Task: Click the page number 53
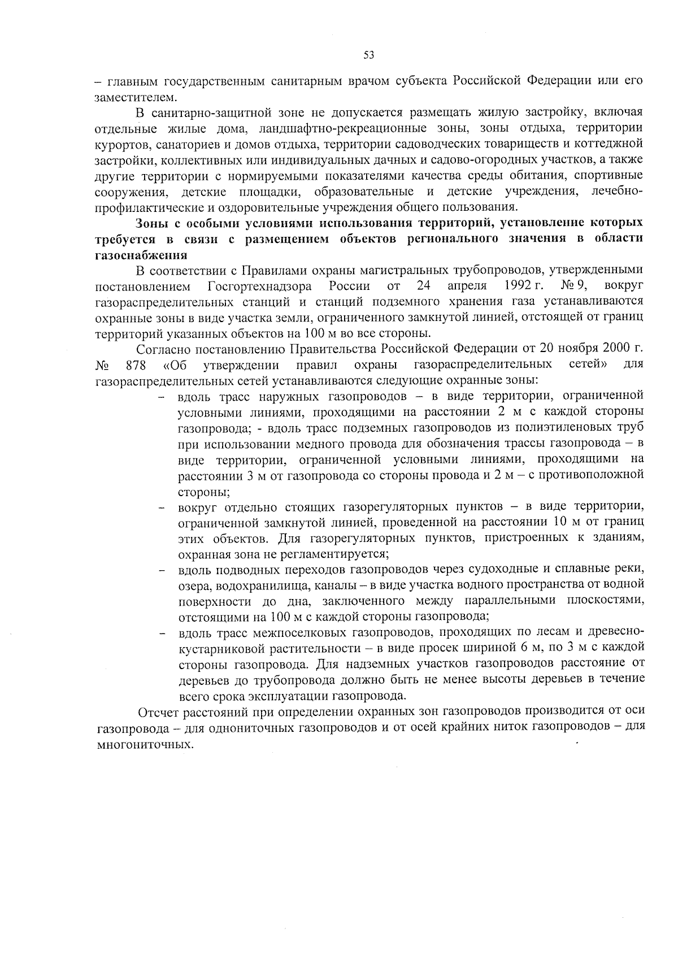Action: pyautogui.click(x=368, y=55)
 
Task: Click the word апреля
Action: pyautogui.click(x=467, y=285)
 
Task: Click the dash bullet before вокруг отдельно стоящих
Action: pyautogui.click(x=162, y=507)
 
